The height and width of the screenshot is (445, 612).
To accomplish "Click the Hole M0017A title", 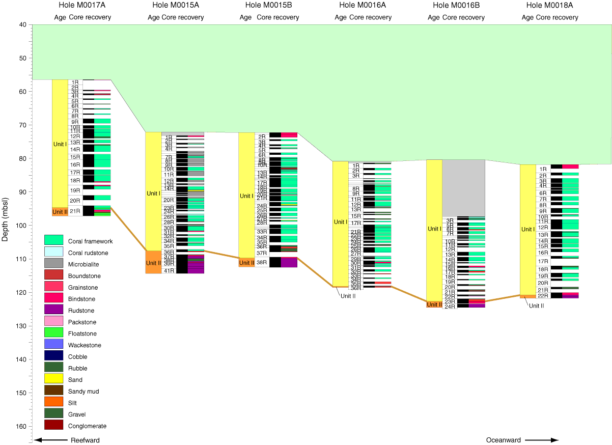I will point(82,5).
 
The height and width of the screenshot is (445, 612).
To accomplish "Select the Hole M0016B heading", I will point(456,5).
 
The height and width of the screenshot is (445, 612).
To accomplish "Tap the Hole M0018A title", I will point(549,5).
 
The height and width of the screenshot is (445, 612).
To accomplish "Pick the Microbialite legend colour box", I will point(53,263).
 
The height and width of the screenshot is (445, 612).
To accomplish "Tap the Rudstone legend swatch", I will point(53,310).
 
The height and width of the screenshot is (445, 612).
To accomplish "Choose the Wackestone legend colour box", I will point(53,344).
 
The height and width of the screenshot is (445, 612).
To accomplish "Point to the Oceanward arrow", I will point(542,440).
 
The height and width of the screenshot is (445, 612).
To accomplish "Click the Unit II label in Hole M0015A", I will point(153,263).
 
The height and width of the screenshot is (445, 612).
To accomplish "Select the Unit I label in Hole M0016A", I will point(341,222).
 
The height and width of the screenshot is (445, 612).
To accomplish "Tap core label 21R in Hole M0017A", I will point(75,211).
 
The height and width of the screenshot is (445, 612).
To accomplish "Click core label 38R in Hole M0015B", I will point(262,263).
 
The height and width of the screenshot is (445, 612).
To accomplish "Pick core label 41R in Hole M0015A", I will point(169,270).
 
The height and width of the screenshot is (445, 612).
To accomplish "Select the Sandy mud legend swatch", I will point(53,391).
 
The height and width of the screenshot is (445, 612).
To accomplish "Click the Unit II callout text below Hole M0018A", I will point(537,305).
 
